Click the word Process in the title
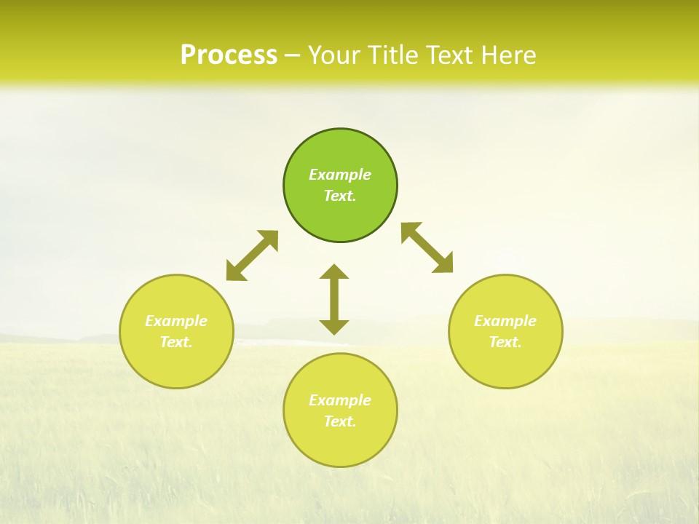(229, 55)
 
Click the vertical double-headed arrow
(334, 299)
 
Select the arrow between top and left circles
(252, 255)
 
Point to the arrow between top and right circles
(427, 247)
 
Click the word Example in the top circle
(340, 175)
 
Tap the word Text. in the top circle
(340, 196)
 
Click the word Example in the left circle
(176, 321)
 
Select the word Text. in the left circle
(176, 342)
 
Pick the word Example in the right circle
(505, 321)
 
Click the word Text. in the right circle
(505, 342)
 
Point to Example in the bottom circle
(340, 400)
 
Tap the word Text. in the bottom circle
(340, 421)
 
